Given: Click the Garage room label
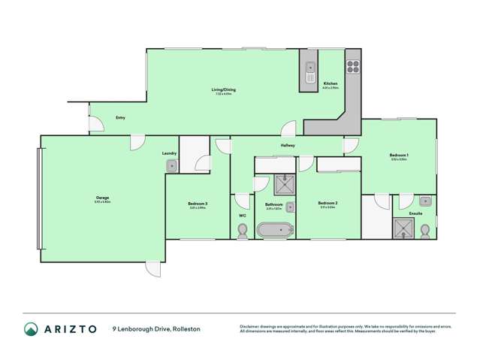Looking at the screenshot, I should pos(102,198).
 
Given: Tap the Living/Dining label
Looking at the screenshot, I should pos(225,91).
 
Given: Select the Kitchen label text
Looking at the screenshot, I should pos(331,83).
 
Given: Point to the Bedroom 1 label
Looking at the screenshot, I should pos(398,156).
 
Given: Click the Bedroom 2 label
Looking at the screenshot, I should pos(327,203).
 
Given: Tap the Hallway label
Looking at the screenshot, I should pos(288,145).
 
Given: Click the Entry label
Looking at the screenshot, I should pos(120,119).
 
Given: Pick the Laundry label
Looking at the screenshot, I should pos(169,153).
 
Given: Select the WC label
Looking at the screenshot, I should pos(242,216).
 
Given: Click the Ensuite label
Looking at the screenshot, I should pos(415,213).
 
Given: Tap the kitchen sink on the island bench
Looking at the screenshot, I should pos(309,72).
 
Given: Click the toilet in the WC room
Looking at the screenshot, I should pos(242,233).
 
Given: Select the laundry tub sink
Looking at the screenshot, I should pos(171,165).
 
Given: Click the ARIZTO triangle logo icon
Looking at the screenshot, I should pos(31,328).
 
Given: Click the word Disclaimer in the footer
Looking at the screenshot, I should pos(252,326).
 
